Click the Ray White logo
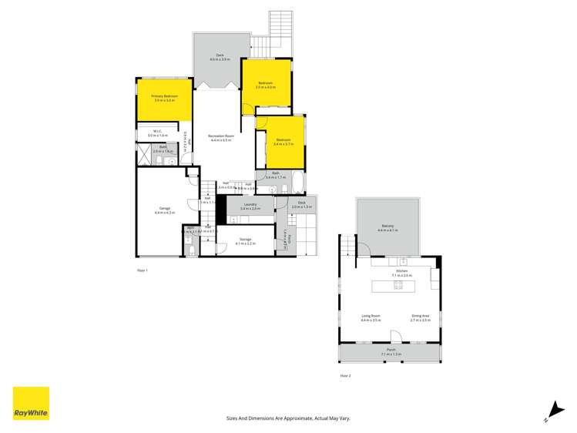[31, 403]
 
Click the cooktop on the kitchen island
[398, 285]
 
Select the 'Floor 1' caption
[142, 270]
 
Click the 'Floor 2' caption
[345, 375]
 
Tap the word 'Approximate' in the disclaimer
[296, 418]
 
